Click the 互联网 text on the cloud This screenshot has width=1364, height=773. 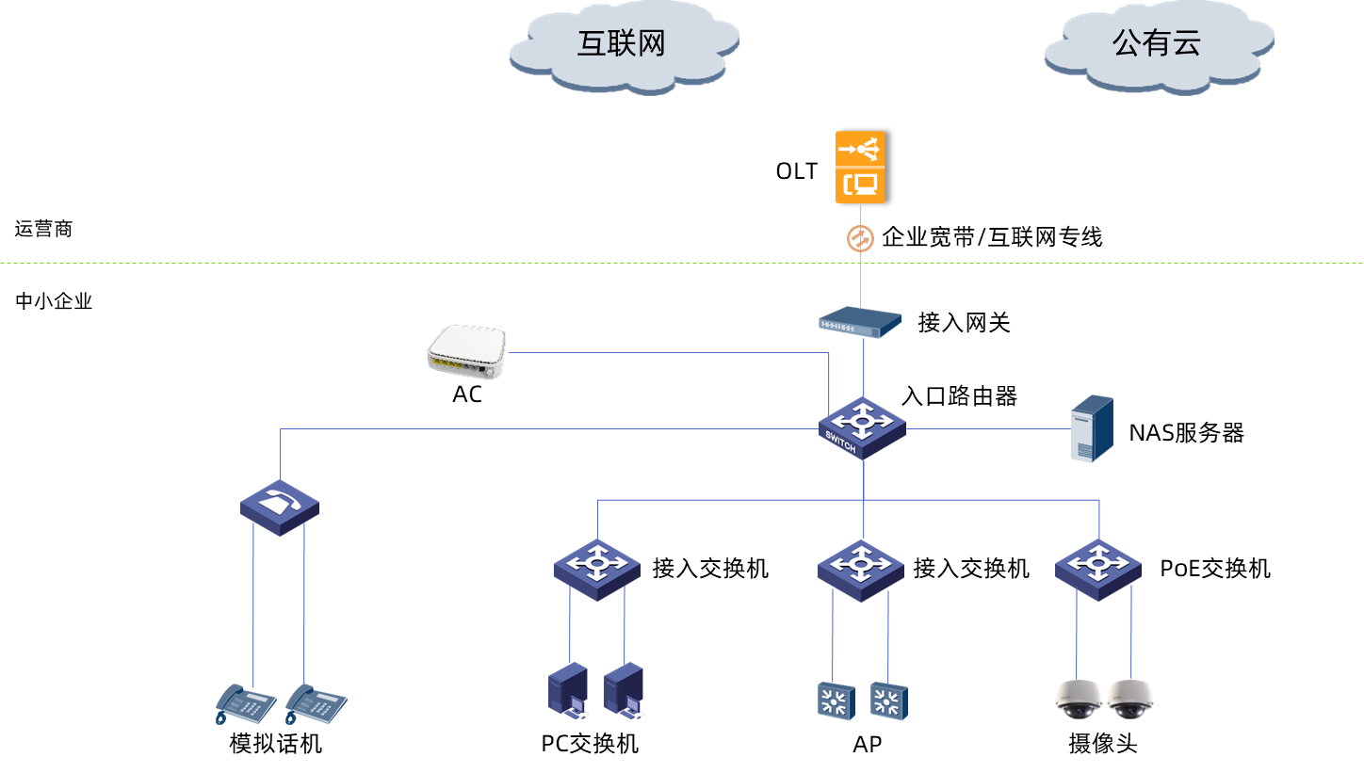coord(621,43)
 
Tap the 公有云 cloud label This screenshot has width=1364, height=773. coord(1157,43)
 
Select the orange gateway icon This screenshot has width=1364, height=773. coord(860,167)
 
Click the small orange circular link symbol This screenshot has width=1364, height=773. coord(860,239)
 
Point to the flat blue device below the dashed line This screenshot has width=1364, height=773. coord(860,323)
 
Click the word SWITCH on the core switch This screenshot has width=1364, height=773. coord(840,442)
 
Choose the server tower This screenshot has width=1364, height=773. coord(1092,428)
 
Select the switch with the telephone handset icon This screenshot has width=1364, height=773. coord(279,507)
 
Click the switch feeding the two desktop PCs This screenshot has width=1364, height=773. coord(597,568)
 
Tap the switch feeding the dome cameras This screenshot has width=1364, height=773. coord(1098,568)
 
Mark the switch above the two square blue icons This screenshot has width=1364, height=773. coord(861,568)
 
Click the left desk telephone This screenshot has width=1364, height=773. coord(245,703)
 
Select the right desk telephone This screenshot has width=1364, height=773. coord(316,703)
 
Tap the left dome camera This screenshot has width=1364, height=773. coord(1078,700)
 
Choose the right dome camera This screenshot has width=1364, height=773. coord(1129,700)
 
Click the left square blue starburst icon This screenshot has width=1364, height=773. coord(835,701)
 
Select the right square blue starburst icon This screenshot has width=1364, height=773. coord(888,701)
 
